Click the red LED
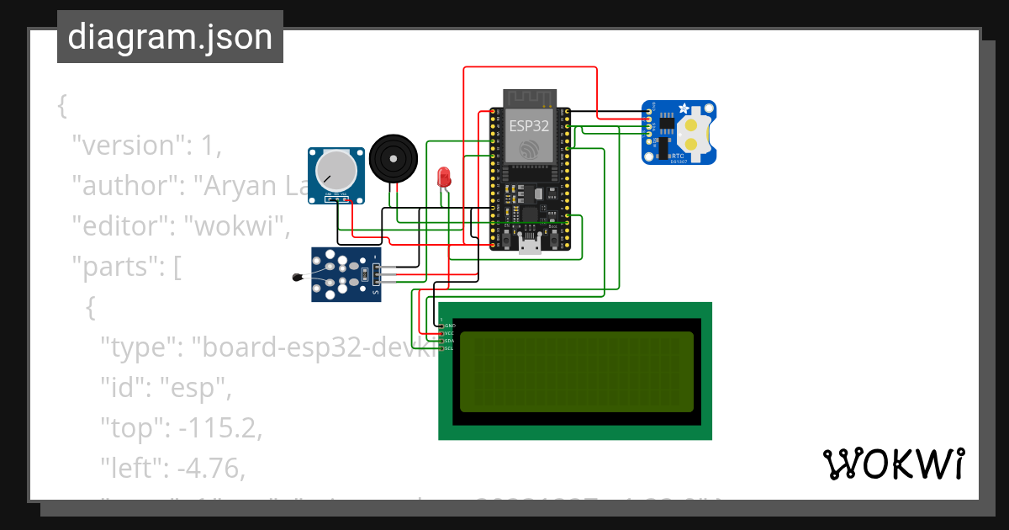tap(444, 177)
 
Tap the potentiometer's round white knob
tap(335, 170)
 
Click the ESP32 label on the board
tap(530, 126)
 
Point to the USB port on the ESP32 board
tap(531, 245)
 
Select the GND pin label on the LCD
tap(450, 325)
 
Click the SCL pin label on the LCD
tap(449, 348)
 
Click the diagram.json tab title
tap(170, 38)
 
